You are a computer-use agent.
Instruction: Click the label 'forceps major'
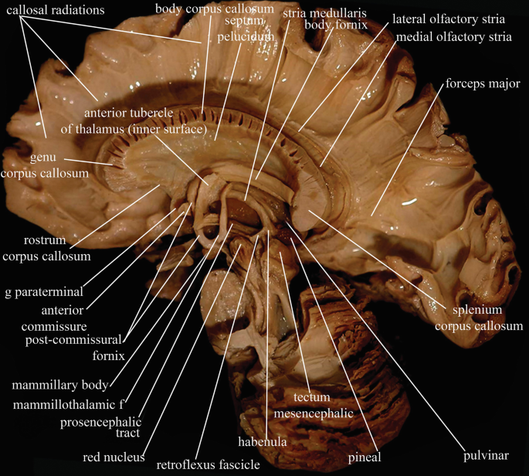click(483, 83)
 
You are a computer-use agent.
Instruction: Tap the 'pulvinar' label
click(486, 455)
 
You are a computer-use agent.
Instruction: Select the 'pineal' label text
click(365, 457)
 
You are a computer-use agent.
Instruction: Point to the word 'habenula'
click(262, 441)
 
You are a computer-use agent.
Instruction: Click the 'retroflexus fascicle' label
click(208, 465)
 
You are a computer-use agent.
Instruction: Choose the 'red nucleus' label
click(114, 457)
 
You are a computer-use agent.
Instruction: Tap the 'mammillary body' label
click(60, 385)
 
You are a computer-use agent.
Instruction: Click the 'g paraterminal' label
click(44, 292)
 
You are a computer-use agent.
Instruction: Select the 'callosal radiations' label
click(56, 10)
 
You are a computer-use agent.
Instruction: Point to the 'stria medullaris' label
click(324, 13)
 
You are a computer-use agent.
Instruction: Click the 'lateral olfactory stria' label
click(449, 19)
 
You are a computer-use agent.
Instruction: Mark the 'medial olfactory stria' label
click(454, 37)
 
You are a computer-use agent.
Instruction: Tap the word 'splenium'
click(477, 310)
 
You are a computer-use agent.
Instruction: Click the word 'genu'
click(42, 158)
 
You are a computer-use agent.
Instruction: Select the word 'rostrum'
click(45, 240)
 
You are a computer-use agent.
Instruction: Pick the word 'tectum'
click(312, 397)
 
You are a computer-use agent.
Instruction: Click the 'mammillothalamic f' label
click(68, 404)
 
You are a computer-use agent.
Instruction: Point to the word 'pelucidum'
click(246, 36)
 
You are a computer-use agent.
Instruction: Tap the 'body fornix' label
click(336, 25)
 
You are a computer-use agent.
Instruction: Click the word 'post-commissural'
click(73, 340)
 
